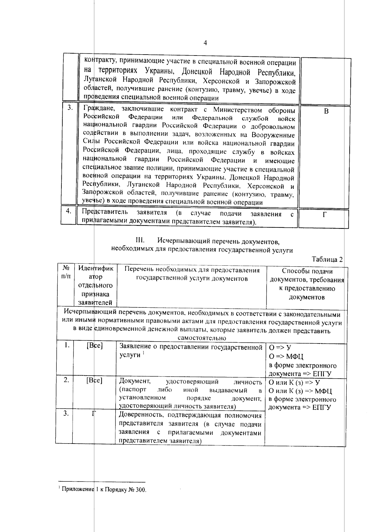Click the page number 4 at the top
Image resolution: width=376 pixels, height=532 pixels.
[x=205, y=43]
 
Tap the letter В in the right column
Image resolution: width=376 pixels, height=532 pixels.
[x=326, y=111]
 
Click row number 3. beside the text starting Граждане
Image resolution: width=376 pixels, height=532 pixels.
[x=70, y=108]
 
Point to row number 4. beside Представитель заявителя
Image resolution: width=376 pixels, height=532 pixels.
[x=69, y=211]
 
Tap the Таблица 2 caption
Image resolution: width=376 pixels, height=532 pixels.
[x=327, y=259]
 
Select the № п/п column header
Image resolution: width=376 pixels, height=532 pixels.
[x=65, y=272]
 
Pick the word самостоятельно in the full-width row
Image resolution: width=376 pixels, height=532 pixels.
[x=202, y=338]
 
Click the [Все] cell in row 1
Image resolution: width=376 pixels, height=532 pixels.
[x=95, y=346]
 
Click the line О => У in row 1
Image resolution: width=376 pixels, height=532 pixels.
[x=280, y=348]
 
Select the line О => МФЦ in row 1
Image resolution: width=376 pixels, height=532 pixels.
[x=286, y=357]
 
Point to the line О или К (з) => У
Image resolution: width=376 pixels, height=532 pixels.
[x=294, y=383]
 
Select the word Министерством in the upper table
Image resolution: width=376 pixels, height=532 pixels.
[x=237, y=110]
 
